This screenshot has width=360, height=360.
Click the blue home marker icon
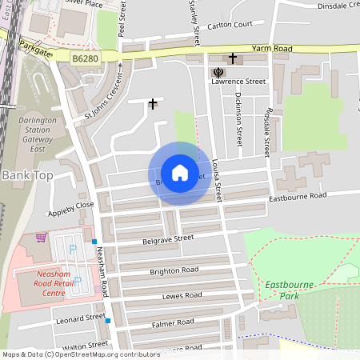pos(180,173)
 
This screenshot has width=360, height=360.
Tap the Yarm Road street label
pos(272,48)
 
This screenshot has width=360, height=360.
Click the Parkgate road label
pos(35,47)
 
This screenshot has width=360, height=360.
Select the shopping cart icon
pos(42,238)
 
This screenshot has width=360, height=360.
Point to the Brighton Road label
pos(174,270)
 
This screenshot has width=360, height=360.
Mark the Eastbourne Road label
pos(298,196)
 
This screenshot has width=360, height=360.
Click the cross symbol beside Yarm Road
pos(233,58)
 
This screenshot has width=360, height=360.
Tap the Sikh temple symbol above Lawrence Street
pos(217,73)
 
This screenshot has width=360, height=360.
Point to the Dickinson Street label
pos(238,116)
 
